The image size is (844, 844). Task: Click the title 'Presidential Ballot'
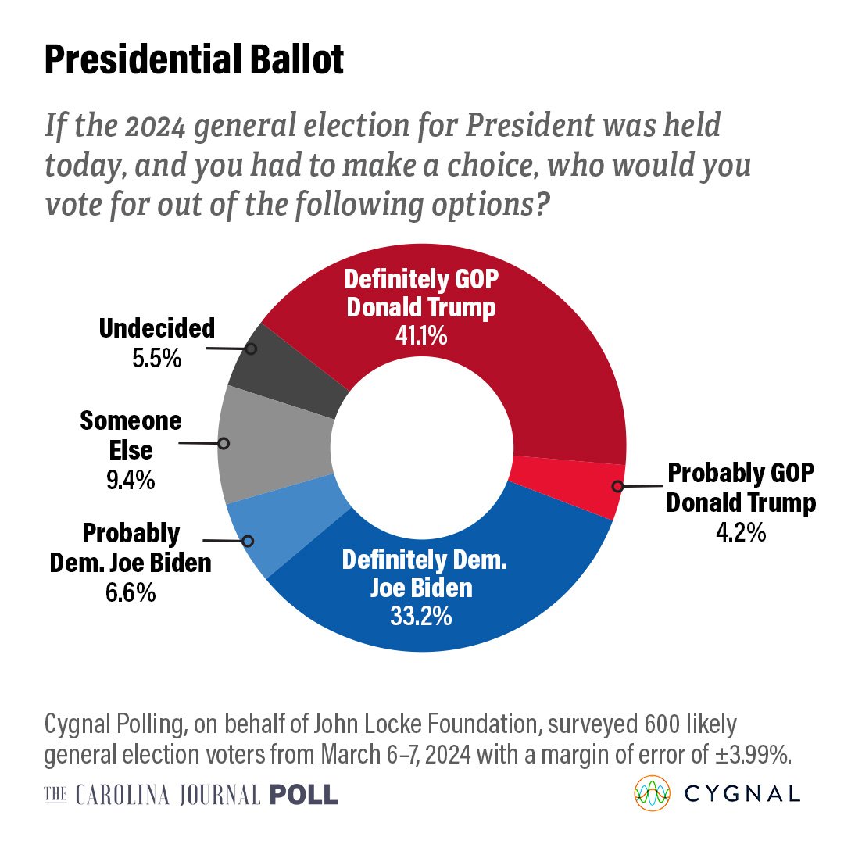(x=194, y=59)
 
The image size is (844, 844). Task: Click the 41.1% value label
(x=421, y=336)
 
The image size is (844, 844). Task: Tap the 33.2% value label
(x=421, y=616)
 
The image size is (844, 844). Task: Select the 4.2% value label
(x=741, y=532)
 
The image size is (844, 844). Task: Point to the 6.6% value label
(x=131, y=592)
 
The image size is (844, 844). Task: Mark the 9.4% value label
(x=131, y=480)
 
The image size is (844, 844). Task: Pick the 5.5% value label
(x=157, y=358)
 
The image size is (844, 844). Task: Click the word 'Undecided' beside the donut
(x=157, y=328)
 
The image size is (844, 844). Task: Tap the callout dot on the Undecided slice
(x=251, y=349)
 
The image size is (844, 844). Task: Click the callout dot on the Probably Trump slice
(x=617, y=486)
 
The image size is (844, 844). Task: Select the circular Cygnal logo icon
(x=652, y=793)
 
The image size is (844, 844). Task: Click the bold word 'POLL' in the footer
(x=303, y=795)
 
